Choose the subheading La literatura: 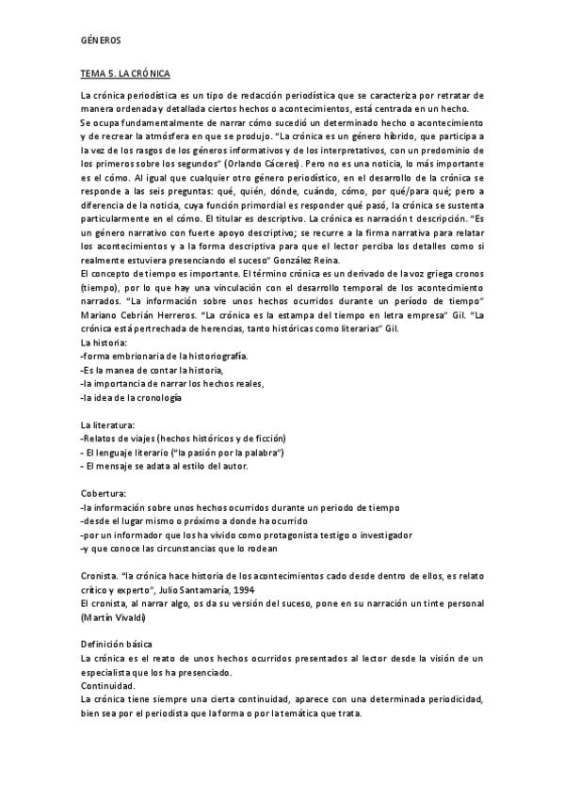108,425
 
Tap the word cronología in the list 151,398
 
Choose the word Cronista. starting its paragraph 101,574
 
